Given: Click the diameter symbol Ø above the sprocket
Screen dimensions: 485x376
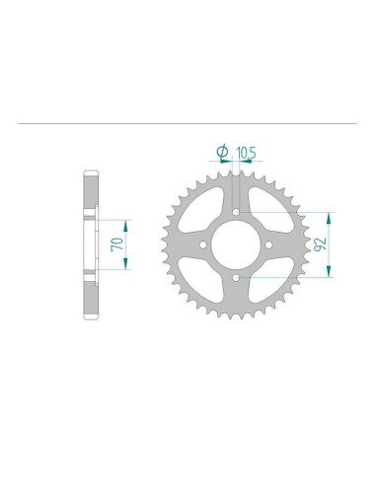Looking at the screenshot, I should (220, 151).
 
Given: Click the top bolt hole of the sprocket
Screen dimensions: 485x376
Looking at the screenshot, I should (237, 209).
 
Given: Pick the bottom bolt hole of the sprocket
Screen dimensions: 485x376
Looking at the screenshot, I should (237, 278).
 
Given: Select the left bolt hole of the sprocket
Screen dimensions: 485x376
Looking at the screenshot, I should (202, 243).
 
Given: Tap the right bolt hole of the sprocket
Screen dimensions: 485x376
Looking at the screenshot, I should (271, 243).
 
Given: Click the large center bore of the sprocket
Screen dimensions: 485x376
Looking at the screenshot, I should (237, 243).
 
